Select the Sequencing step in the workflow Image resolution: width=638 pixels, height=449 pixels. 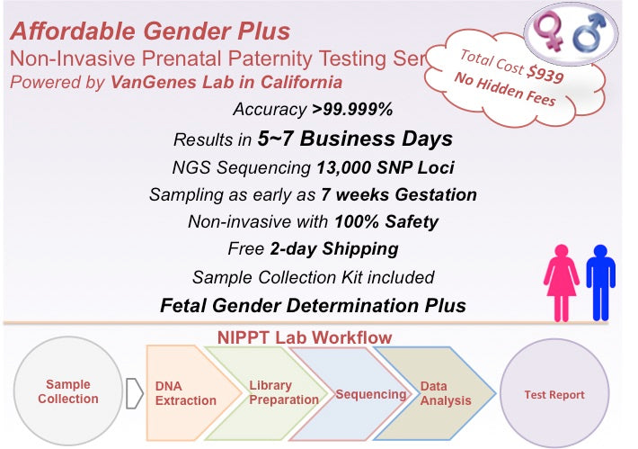tap(369, 394)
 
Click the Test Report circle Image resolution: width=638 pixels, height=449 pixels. tap(554, 394)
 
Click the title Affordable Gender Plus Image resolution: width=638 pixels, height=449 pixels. tap(151, 31)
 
